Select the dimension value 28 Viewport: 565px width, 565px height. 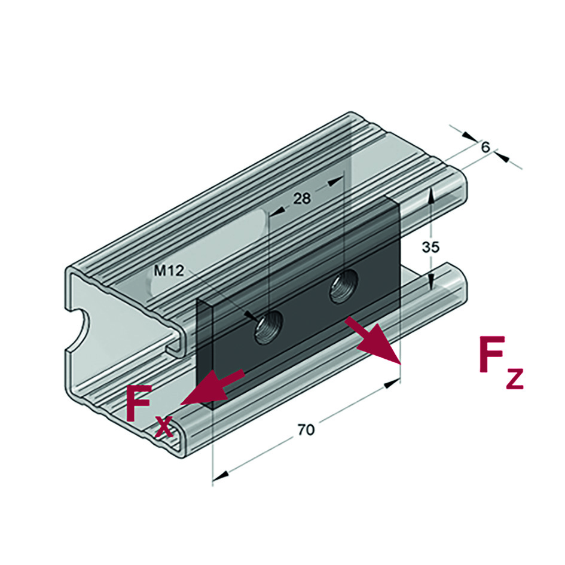302,198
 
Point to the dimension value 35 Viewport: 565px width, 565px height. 430,246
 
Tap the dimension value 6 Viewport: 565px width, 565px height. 485,146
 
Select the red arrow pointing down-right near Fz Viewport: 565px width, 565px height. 372,341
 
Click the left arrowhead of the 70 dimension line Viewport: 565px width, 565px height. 220,475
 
